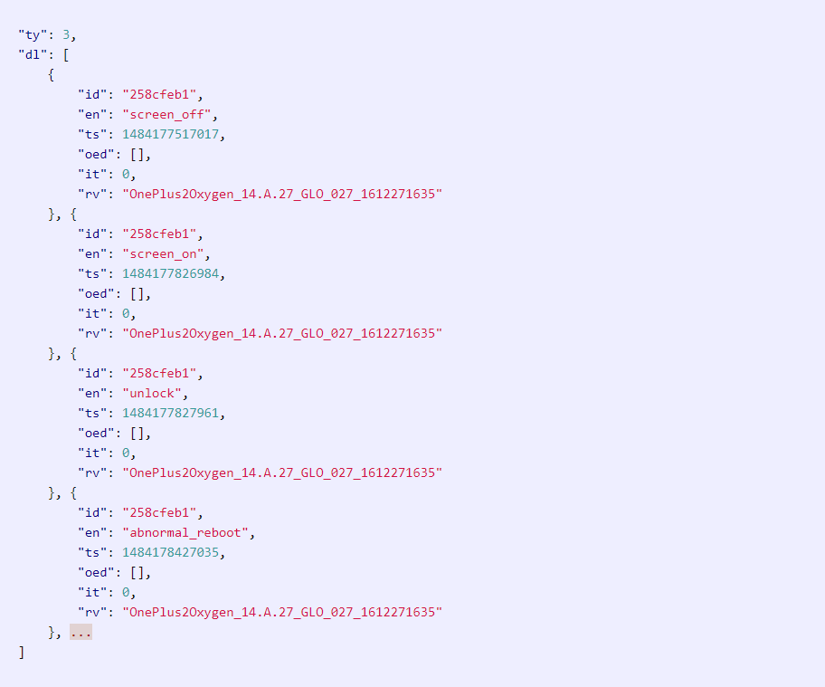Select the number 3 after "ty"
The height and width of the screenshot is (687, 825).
(x=66, y=35)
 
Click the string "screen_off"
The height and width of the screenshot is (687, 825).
(x=166, y=115)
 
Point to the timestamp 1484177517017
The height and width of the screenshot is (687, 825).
(x=170, y=134)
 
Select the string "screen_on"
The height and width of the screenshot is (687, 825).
(x=163, y=254)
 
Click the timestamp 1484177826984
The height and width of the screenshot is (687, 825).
(x=170, y=273)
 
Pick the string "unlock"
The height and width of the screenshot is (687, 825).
(x=152, y=393)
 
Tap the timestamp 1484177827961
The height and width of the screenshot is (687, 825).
(x=170, y=413)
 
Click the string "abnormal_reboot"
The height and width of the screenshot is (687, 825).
(x=185, y=533)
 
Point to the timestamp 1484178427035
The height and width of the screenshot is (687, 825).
(x=170, y=552)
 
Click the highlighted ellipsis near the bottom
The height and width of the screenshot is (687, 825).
(x=81, y=633)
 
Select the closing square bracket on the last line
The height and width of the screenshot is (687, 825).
(x=22, y=653)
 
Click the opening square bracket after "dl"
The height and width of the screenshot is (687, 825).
(x=66, y=55)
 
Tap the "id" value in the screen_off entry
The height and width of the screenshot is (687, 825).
(x=159, y=95)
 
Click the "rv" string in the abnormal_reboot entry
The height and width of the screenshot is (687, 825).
(x=282, y=612)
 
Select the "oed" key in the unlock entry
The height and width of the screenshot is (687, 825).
(x=96, y=434)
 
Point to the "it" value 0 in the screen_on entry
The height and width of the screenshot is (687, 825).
(x=126, y=314)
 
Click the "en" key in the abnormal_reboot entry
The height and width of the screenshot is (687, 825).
(x=92, y=533)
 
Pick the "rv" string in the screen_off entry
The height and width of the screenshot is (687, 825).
(x=282, y=195)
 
